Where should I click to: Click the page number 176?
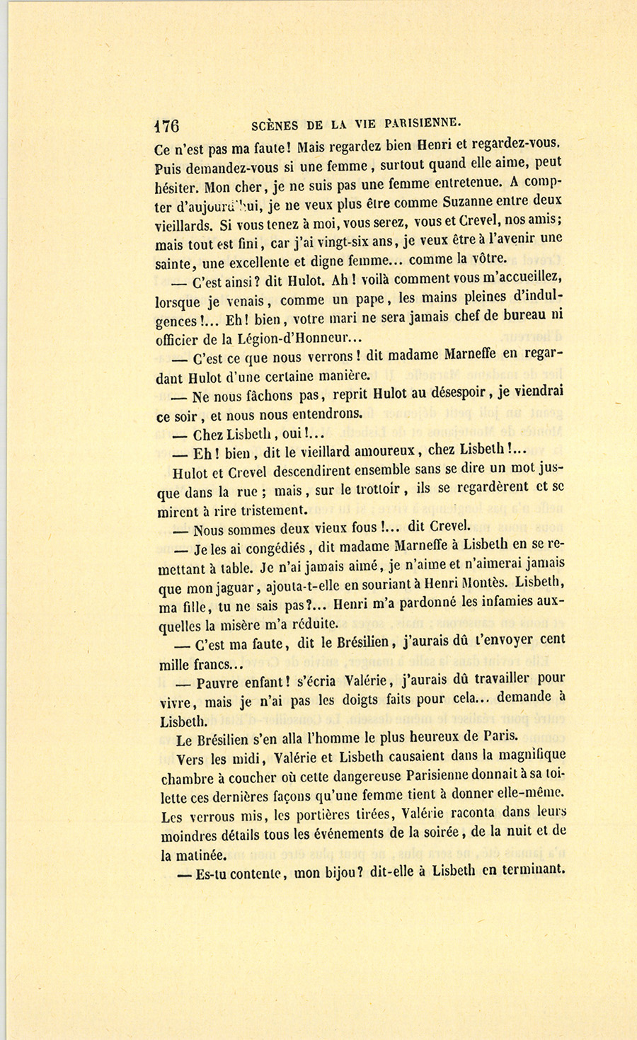167,126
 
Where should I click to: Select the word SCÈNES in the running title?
275,125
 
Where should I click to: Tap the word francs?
214,665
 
